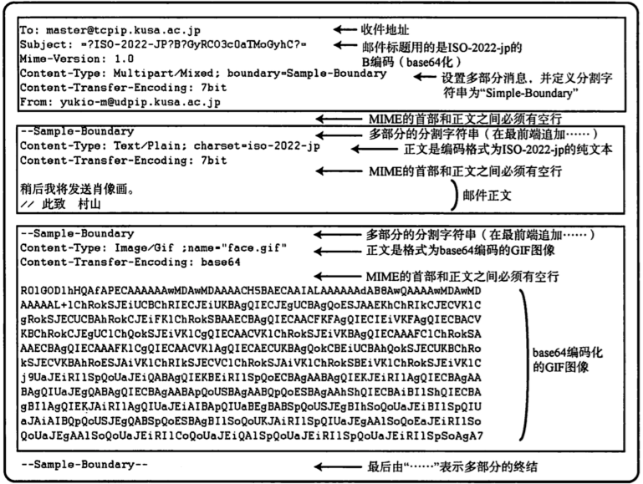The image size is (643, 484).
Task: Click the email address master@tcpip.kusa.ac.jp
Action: (x=116, y=31)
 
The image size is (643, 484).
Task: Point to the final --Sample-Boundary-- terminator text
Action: (x=84, y=465)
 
